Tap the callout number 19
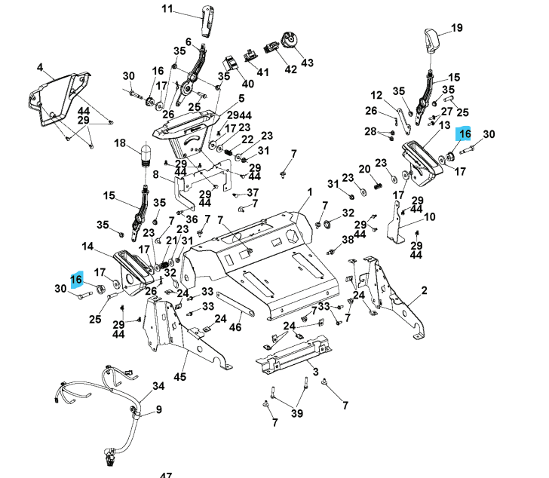[456, 29]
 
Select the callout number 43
[307, 62]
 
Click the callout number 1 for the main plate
[309, 193]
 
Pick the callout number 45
[179, 376]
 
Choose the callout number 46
[235, 327]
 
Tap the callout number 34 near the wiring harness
[158, 386]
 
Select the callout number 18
[120, 142]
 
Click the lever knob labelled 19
[432, 38]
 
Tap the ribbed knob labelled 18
[146, 155]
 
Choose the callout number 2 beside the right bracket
[424, 290]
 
